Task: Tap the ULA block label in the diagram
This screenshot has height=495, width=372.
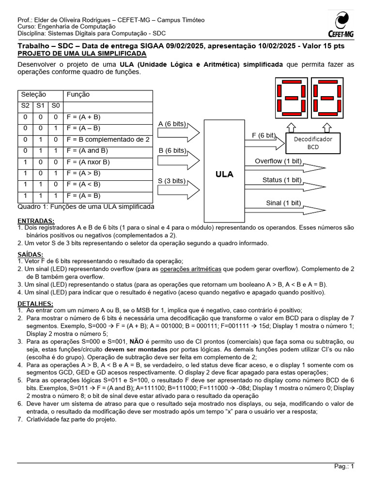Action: [x=224, y=174]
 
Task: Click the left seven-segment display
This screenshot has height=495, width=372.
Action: [x=291, y=98]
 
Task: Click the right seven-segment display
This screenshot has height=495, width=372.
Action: [x=327, y=98]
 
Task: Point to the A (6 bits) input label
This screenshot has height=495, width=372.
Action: [x=172, y=124]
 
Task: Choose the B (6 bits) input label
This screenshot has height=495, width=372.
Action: [x=172, y=150]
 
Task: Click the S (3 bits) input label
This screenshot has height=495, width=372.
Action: [x=172, y=181]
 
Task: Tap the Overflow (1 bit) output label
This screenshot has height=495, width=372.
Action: [x=278, y=160]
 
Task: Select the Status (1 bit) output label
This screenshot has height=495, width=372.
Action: [x=282, y=180]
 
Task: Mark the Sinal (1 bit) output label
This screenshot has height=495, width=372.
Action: [x=283, y=203]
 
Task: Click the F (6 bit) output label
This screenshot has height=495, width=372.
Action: [x=264, y=135]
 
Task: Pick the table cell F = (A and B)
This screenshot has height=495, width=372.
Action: [x=87, y=151]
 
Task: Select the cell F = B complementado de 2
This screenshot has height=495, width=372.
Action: [x=108, y=139]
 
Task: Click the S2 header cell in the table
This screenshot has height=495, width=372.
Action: [x=25, y=105]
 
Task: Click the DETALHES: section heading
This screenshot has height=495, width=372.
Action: [x=34, y=303]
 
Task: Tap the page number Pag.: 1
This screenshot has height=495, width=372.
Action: [x=344, y=466]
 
